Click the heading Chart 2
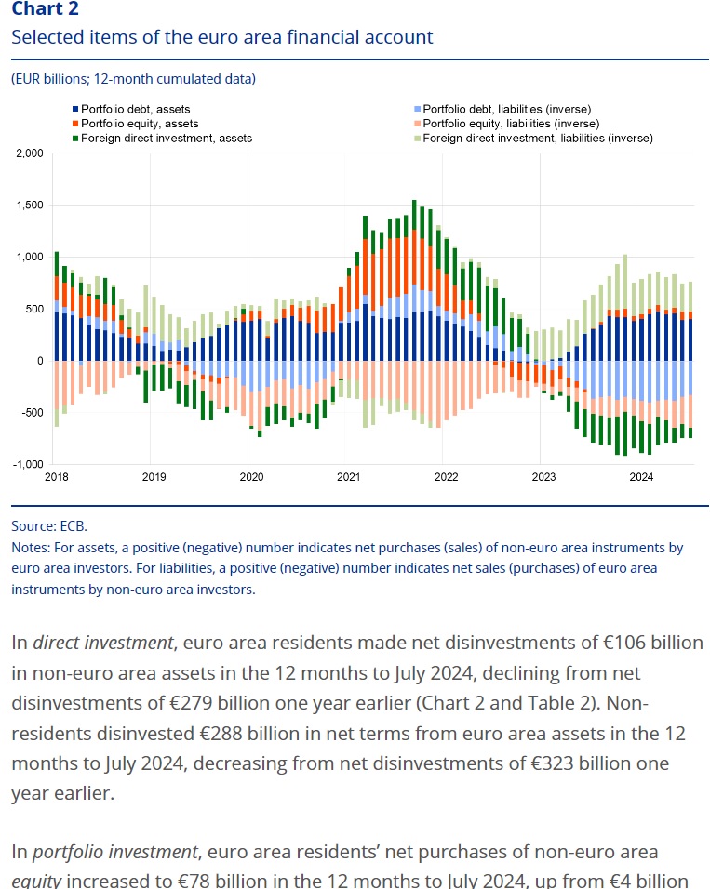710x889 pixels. [45, 9]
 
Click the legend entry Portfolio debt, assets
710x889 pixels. [135, 110]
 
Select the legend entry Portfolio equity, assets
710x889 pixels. [139, 124]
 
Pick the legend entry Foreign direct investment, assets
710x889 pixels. [166, 138]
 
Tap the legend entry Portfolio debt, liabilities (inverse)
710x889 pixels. [506, 110]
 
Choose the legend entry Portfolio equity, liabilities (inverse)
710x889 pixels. [510, 124]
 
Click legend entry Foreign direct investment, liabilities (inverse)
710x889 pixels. [537, 138]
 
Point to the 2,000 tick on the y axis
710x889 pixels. [30, 153]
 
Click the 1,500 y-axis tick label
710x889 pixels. [30, 206]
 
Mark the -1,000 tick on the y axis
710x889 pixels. [28, 464]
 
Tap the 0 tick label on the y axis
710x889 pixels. [40, 361]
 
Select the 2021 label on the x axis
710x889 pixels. [348, 477]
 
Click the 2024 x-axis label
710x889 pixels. [640, 477]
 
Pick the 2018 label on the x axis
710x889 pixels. [56, 477]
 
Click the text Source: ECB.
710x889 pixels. [49, 525]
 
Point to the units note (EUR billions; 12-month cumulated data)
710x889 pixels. [133, 79]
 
